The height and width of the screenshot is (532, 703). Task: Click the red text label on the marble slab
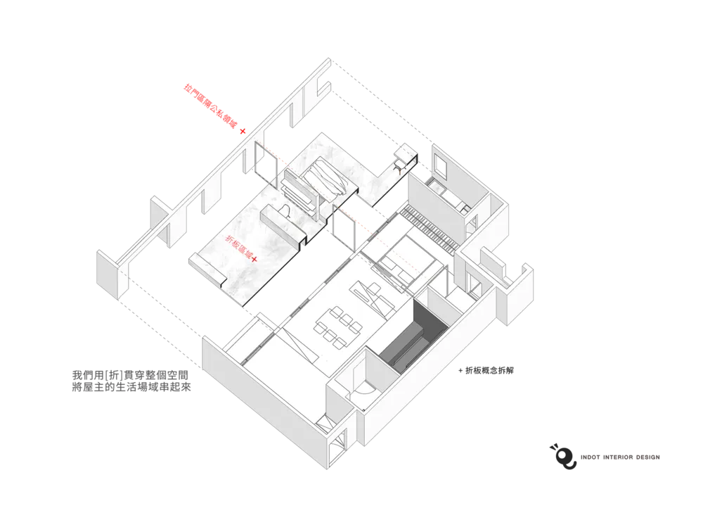coord(237,247)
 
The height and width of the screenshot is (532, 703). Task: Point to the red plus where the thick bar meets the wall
coord(243,132)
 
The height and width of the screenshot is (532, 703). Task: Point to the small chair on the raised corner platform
coord(401,163)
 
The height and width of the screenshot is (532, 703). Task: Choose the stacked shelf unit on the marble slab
coord(299,194)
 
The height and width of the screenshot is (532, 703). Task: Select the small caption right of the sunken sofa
coord(486,370)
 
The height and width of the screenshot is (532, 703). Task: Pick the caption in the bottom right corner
coord(621,456)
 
